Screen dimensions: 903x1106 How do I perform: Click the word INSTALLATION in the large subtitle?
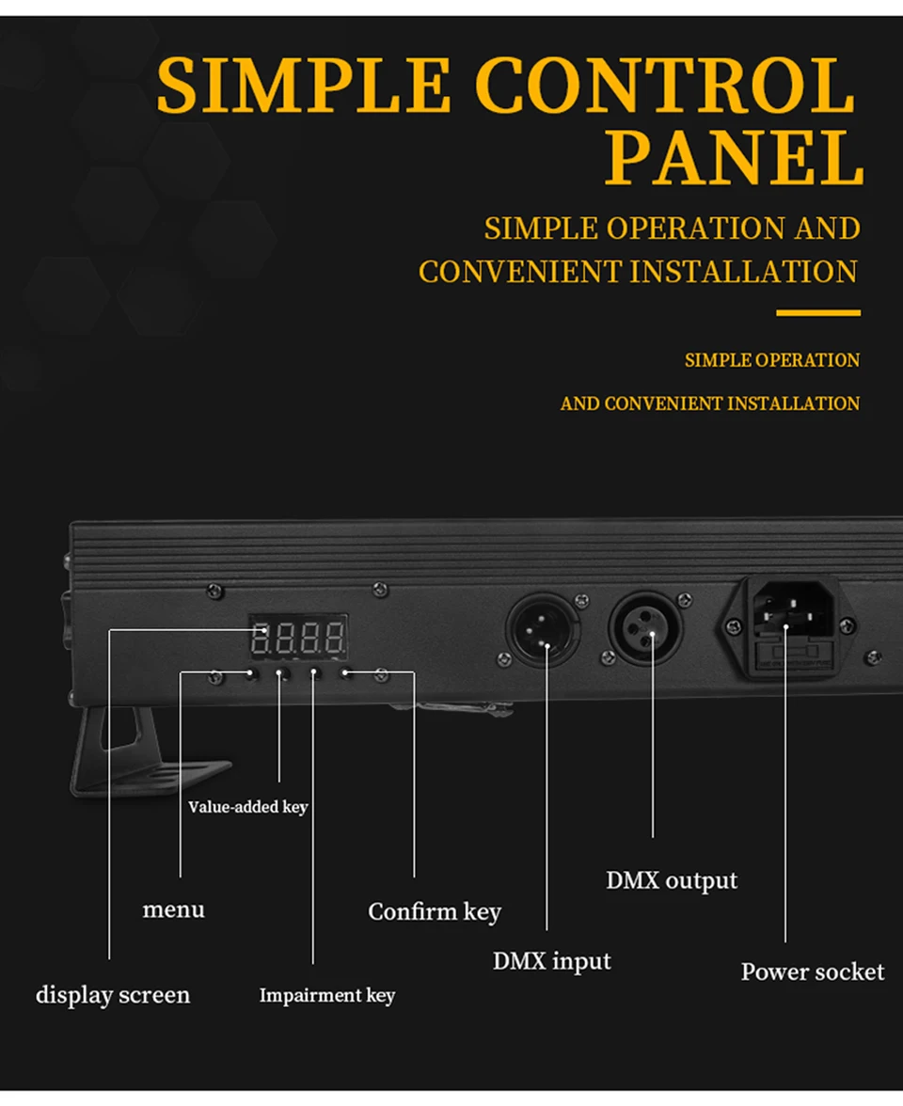click(x=743, y=272)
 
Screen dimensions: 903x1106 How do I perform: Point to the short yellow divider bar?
click(x=817, y=312)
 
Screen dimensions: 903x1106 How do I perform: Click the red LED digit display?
click(x=297, y=639)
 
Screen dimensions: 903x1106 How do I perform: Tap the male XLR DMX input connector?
click(x=543, y=629)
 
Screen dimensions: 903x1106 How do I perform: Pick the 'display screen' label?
click(x=113, y=995)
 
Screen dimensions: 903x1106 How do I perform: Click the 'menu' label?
click(x=173, y=909)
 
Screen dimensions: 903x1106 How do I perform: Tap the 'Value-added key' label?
click(x=247, y=807)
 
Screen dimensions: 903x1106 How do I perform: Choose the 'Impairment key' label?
click(x=326, y=995)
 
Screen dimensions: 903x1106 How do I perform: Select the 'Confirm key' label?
click(x=434, y=911)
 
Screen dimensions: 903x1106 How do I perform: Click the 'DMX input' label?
click(x=551, y=961)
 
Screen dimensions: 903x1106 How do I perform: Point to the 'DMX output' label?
click(x=672, y=881)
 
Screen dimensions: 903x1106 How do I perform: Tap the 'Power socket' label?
click(x=813, y=972)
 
